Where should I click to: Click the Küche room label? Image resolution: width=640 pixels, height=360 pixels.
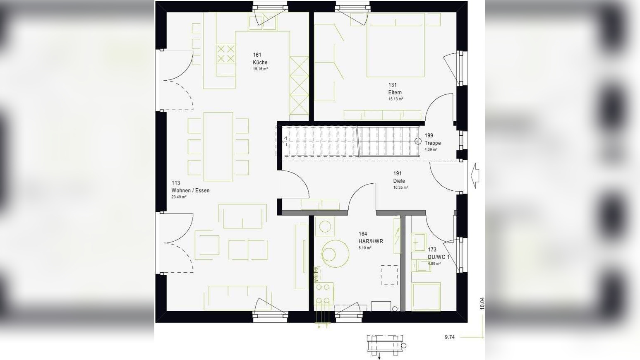tap(260, 62)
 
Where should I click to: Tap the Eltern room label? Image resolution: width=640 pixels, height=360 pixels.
tap(395, 92)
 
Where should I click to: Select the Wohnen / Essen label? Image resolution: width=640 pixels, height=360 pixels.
tap(190, 190)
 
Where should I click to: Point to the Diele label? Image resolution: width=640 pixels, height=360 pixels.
tap(399, 181)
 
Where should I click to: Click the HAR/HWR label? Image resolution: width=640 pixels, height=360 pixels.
tap(371, 241)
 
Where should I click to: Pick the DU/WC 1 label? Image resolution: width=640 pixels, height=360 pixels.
tap(439, 257)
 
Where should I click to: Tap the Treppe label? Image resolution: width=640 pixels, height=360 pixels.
tap(433, 143)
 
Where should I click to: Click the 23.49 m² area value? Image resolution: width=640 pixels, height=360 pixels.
tap(179, 197)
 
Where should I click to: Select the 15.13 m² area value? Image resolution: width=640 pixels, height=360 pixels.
tap(396, 99)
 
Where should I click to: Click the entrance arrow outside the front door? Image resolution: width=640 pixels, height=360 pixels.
tap(475, 175)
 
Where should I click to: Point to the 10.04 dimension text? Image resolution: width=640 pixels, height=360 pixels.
tap(482, 303)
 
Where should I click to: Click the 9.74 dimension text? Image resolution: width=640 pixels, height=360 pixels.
tap(450, 337)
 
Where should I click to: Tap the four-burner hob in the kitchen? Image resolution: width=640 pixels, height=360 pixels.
tap(225, 53)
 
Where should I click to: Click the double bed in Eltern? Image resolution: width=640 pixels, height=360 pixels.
tap(396, 45)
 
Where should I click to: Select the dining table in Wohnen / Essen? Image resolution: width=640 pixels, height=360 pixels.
tap(218, 146)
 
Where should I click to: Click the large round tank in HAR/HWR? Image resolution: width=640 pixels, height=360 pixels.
tap(335, 254)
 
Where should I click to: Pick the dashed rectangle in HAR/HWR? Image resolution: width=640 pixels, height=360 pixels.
tap(389, 275)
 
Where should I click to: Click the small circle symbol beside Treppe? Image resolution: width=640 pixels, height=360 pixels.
tap(418, 141)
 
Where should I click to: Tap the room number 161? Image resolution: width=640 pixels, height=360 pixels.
tap(257, 55)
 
